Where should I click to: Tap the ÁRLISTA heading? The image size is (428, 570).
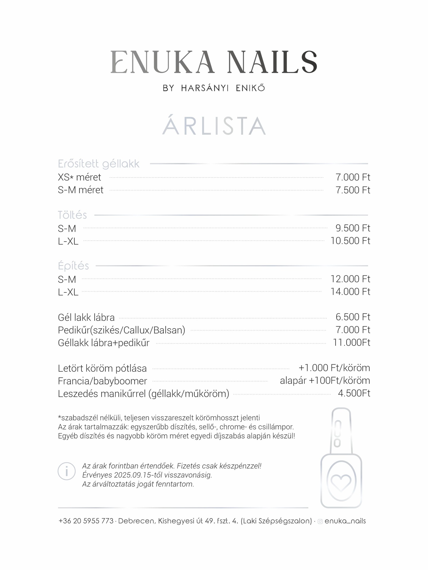click(x=214, y=126)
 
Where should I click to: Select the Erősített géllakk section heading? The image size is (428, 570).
click(x=99, y=164)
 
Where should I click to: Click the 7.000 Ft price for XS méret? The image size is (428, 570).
click(x=353, y=177)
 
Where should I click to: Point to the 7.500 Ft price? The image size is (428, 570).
click(x=353, y=190)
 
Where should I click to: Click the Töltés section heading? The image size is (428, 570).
click(x=72, y=215)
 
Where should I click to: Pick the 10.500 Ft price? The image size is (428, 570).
click(x=350, y=241)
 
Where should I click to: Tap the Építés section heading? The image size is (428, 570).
click(x=73, y=266)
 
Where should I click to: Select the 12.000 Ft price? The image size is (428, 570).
click(x=350, y=279)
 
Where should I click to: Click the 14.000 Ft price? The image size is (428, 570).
click(x=350, y=292)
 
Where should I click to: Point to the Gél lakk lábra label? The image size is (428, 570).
click(x=86, y=317)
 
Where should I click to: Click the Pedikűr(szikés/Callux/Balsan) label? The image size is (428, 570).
click(x=122, y=330)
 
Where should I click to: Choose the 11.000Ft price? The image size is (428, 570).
click(x=352, y=343)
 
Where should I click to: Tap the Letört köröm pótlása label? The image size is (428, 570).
click(x=102, y=368)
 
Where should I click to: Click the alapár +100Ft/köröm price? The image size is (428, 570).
click(x=325, y=381)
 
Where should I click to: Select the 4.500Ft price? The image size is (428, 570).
click(x=354, y=393)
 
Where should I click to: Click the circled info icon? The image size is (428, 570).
click(x=67, y=471)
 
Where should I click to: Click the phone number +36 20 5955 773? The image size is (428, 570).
click(x=86, y=521)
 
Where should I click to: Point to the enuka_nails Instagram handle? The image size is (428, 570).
click(x=345, y=521)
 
